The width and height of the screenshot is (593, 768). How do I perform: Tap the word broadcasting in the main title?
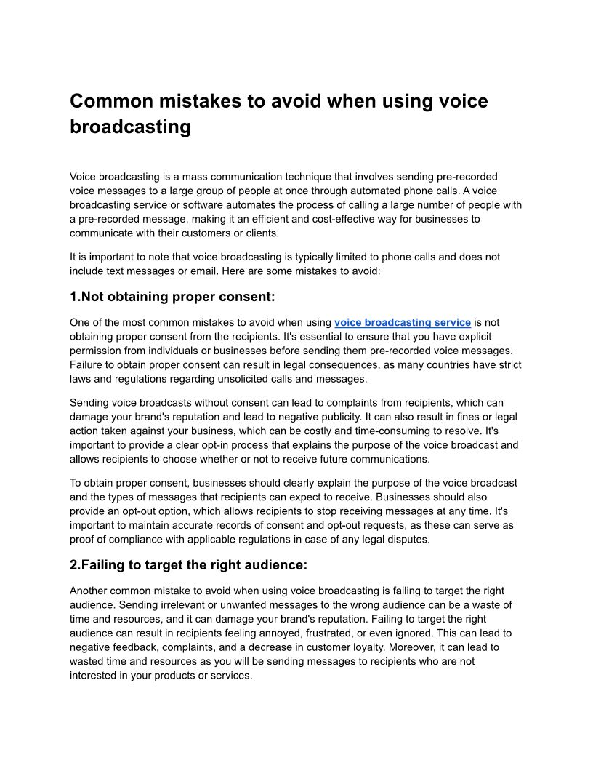tap(130, 127)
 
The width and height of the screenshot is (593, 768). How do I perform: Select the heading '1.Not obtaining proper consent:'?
tap(172, 297)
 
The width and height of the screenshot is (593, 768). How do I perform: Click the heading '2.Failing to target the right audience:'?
tap(188, 565)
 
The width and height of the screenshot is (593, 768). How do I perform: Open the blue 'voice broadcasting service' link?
tap(402, 322)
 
